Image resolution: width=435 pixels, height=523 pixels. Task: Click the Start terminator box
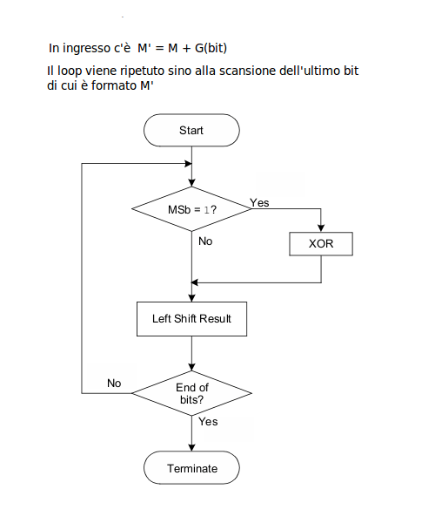[x=191, y=131]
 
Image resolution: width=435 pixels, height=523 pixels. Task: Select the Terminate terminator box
[x=191, y=469]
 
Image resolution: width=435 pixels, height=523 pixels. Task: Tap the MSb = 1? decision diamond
[x=191, y=210]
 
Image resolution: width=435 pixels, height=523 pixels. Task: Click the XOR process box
[x=321, y=243]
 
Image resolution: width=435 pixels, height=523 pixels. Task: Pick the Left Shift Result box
[x=191, y=318]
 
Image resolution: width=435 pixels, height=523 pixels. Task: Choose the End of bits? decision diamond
[x=191, y=393]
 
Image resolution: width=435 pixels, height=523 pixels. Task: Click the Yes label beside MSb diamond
[x=259, y=202]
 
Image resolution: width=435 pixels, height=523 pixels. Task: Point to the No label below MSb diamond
[x=205, y=241]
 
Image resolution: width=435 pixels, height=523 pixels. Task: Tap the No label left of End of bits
[x=114, y=383]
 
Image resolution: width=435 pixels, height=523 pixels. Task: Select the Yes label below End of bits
[x=208, y=422]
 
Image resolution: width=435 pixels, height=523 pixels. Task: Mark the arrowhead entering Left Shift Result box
[x=191, y=297]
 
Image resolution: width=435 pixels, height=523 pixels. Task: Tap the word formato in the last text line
[x=102, y=85]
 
